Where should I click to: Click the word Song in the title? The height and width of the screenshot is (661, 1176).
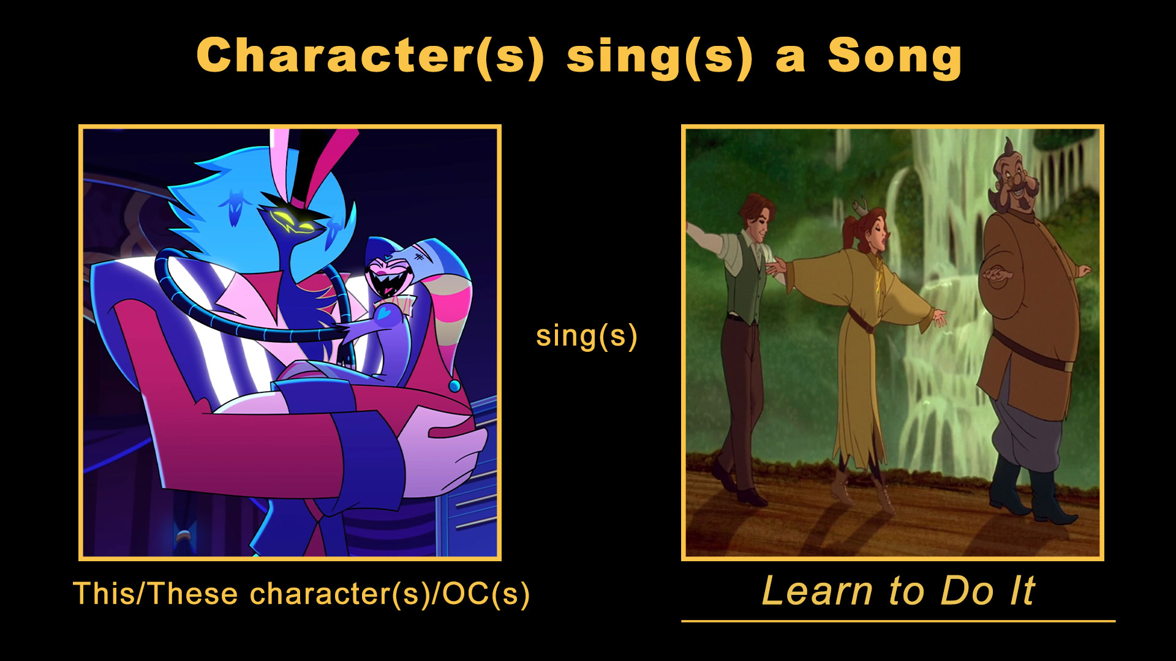[x=894, y=57]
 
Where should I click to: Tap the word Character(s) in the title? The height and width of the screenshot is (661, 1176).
[x=370, y=56]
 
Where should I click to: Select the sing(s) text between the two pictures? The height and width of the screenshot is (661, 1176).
[x=587, y=336]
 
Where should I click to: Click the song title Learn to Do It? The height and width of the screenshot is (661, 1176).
[x=898, y=591]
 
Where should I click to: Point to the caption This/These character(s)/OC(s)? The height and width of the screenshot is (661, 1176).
[x=301, y=594]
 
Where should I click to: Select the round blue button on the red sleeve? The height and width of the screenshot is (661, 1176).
[x=454, y=386]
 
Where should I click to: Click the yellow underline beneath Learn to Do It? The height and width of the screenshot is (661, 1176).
[x=898, y=621]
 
